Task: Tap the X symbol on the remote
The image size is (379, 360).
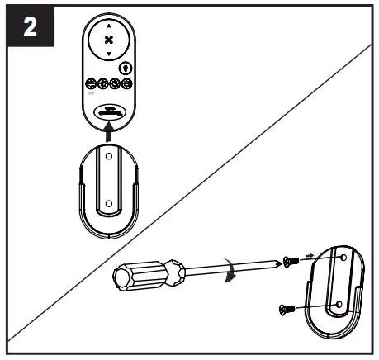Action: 109,40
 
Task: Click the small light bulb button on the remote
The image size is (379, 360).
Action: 126,68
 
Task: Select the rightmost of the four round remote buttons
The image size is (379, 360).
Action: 126,84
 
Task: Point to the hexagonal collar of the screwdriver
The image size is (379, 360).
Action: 177,272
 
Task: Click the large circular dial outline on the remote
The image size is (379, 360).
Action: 109,40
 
